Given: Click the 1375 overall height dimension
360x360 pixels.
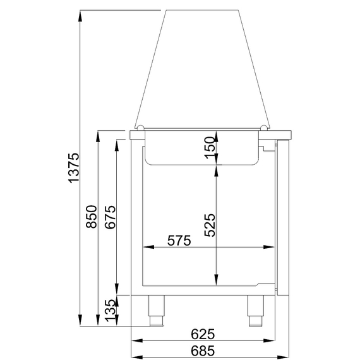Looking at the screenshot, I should (x=74, y=169).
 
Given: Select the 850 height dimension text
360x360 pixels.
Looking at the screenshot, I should (x=91, y=217).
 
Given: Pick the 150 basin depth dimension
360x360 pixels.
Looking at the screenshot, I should (x=211, y=147).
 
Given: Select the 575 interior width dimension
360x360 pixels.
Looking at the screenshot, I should (x=179, y=241).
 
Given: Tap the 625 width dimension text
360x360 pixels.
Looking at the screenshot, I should (x=203, y=333).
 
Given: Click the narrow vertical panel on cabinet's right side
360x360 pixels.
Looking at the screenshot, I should (x=283, y=217).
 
